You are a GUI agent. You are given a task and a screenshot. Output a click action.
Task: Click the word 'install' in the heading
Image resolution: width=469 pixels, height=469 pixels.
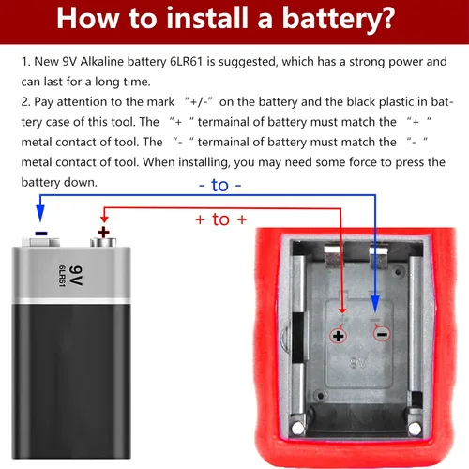pos(206,18)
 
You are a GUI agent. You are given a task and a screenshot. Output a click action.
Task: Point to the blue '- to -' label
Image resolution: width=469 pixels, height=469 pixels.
pos(220,185)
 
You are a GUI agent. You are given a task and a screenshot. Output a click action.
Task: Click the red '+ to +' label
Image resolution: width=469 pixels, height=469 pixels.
pos(220,219)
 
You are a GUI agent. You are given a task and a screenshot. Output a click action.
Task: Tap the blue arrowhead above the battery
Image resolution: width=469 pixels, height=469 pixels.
pos(40,213)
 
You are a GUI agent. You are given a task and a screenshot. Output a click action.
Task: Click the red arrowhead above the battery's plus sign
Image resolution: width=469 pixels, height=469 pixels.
pos(104,219)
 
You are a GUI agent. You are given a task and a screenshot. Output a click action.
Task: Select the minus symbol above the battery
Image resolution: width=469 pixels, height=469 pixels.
pos(41,234)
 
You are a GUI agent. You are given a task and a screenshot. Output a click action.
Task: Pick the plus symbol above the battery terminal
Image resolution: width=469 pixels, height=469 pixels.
pos(103,233)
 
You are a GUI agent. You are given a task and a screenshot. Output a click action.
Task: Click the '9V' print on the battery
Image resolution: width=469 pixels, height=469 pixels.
pos(76,276)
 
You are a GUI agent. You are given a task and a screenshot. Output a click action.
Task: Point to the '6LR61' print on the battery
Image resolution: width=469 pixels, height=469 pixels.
pos(62,276)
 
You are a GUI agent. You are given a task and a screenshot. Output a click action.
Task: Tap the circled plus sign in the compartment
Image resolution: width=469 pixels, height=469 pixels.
pos(338,336)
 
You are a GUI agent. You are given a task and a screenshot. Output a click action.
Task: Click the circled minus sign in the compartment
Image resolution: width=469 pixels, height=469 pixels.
pos(382,334)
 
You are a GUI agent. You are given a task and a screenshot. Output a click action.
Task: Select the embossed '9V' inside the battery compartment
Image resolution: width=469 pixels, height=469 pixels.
pos(358,363)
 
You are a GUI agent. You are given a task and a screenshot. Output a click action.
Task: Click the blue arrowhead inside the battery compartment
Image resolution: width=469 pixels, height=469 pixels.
pos(375,303)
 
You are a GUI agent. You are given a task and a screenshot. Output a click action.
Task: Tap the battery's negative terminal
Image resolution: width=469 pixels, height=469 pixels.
pos(40,242)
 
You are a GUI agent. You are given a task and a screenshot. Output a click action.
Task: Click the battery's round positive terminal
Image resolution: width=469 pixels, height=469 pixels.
pos(103,242)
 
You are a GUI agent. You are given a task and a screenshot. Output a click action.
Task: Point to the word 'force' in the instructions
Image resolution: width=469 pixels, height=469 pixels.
pos(363,162)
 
